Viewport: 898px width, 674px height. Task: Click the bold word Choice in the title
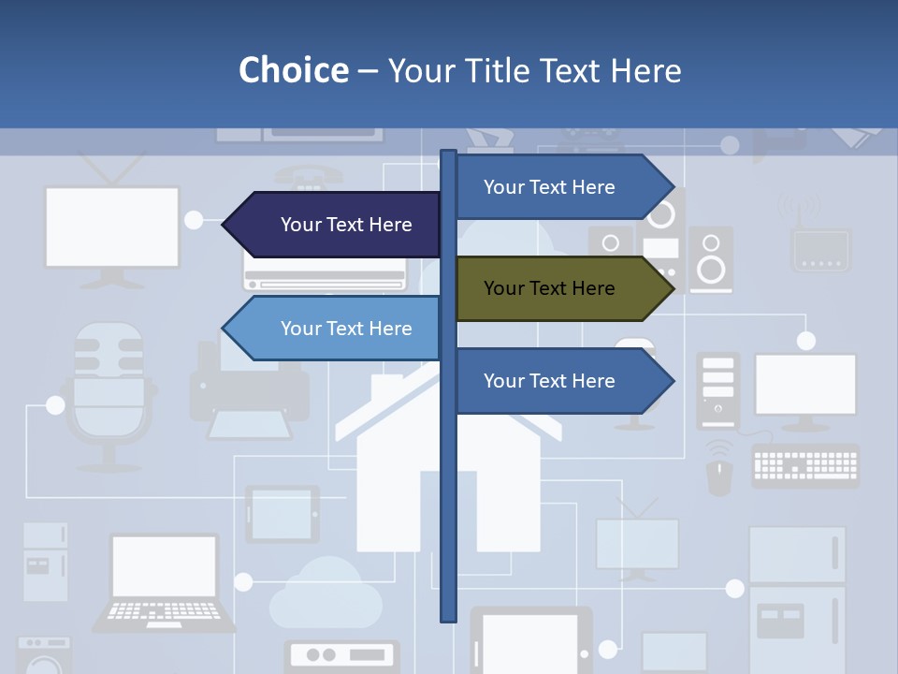293,70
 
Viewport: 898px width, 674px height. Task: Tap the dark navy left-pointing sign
337,225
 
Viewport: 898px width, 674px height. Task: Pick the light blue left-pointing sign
337,329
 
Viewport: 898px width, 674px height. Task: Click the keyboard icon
804,466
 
